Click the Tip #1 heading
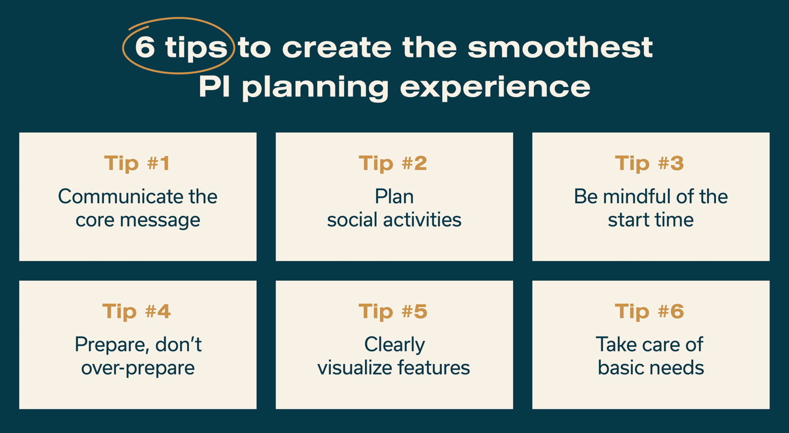137,163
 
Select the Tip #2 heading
393,163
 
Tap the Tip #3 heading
649,163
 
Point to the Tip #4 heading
136,311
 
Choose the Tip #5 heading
393,311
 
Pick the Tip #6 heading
649,311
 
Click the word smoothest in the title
560,47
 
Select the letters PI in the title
214,86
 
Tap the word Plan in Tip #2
394,197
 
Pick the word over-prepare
138,368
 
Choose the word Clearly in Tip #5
394,345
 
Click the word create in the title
336,47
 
